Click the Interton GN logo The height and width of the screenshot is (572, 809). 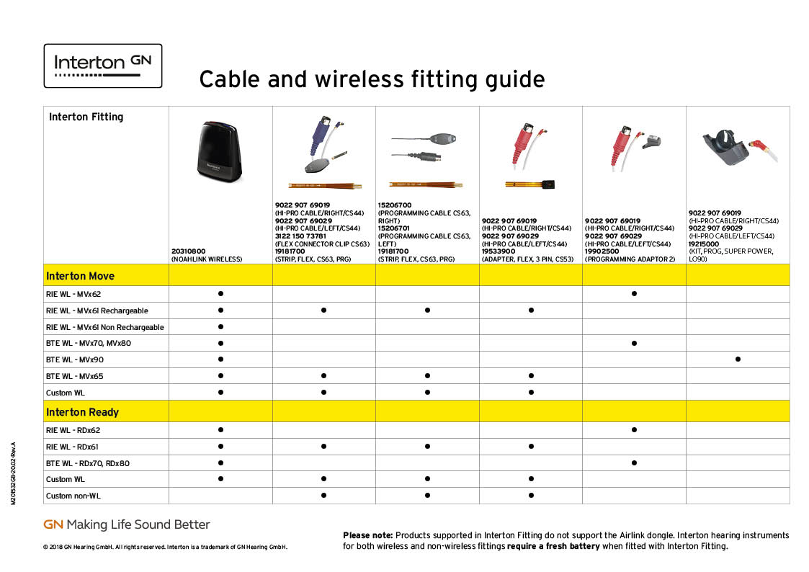(x=103, y=66)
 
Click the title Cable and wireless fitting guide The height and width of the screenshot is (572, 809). (x=372, y=80)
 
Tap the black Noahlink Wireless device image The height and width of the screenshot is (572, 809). (x=220, y=151)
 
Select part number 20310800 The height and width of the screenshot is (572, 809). (x=188, y=251)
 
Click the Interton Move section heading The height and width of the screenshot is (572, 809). (x=80, y=276)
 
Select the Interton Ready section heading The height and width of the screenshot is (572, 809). (x=83, y=412)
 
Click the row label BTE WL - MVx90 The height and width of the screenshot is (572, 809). (x=75, y=359)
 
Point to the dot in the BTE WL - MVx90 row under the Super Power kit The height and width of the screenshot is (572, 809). (x=738, y=359)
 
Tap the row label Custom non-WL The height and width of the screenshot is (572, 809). (x=73, y=496)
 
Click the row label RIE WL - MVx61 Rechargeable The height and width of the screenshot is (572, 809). (x=97, y=310)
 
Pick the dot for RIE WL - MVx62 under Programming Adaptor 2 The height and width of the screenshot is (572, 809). (x=634, y=293)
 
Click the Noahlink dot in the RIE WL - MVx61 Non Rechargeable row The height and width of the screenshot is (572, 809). (x=221, y=326)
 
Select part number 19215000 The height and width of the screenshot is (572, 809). (x=704, y=244)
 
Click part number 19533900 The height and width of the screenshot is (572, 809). (x=499, y=251)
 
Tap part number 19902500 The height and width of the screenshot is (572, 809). (x=602, y=251)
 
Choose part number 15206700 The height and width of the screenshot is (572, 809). (x=395, y=205)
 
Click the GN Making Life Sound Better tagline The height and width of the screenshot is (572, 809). (x=126, y=524)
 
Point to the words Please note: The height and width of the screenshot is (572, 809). (x=368, y=535)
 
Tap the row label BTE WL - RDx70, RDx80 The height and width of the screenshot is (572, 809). (x=88, y=463)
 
